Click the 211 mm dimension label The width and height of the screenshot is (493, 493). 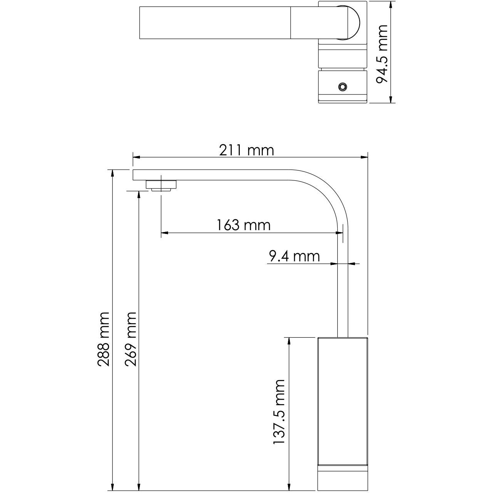246,150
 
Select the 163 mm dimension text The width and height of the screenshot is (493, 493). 243,225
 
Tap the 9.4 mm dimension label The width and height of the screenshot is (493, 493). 294,256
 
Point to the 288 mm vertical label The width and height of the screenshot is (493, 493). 104,340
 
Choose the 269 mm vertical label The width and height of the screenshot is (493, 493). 131,340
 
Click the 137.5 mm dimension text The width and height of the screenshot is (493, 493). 279,412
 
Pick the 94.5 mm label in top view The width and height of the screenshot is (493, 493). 382,54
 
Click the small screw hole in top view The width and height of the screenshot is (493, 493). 342,87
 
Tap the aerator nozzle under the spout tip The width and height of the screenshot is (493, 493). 161,185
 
